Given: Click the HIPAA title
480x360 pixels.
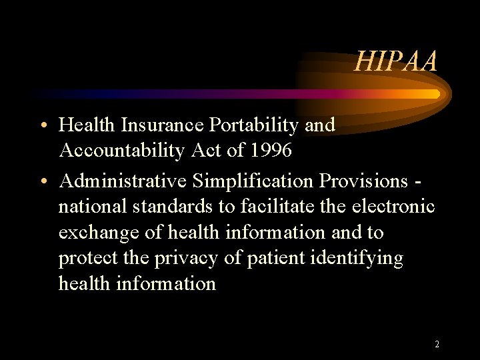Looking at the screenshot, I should pyautogui.click(x=396, y=62).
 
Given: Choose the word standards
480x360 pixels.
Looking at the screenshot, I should pyautogui.click(x=173, y=207).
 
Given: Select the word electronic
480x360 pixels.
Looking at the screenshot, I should pyautogui.click(x=394, y=207).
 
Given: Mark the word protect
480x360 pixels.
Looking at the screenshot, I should pyautogui.click(x=86, y=259).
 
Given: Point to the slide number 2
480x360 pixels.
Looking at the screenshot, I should pyautogui.click(x=437, y=345).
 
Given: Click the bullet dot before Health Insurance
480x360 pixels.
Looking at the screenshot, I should pyautogui.click(x=42, y=126).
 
